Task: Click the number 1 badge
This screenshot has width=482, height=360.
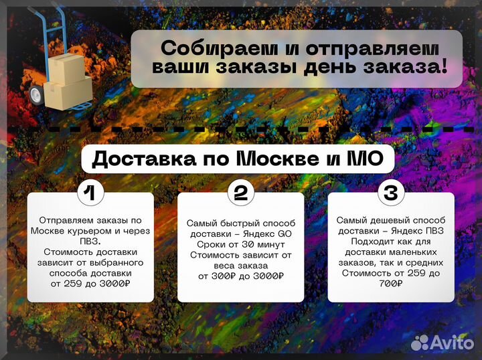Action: tap(90, 193)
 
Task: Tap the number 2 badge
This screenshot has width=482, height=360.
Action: tap(240, 193)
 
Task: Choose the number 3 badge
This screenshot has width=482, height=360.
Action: tap(391, 193)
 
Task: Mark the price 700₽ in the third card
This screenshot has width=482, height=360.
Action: tap(391, 284)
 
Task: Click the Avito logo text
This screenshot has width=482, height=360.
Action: tap(453, 343)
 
